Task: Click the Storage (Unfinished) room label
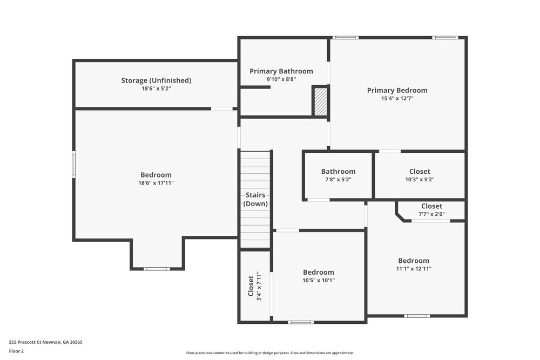click(156, 80)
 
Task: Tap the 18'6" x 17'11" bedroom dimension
click(156, 183)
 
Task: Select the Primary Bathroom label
click(281, 71)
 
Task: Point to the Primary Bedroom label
click(397, 90)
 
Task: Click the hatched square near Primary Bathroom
click(320, 101)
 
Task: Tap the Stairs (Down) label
click(255, 199)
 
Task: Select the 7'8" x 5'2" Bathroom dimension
click(338, 179)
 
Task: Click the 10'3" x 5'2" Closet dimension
click(420, 179)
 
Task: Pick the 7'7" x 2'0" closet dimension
click(431, 214)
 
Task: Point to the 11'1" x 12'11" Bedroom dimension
click(414, 268)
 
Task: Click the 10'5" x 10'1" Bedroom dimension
click(318, 280)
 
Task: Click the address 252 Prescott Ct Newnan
click(45, 342)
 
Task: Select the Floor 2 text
click(16, 351)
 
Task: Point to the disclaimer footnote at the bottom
click(269, 352)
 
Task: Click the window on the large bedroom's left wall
click(74, 165)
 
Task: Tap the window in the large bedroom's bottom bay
click(157, 269)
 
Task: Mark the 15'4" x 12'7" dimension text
click(397, 98)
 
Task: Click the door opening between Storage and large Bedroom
click(221, 108)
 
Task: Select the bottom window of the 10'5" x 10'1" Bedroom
click(300, 322)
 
